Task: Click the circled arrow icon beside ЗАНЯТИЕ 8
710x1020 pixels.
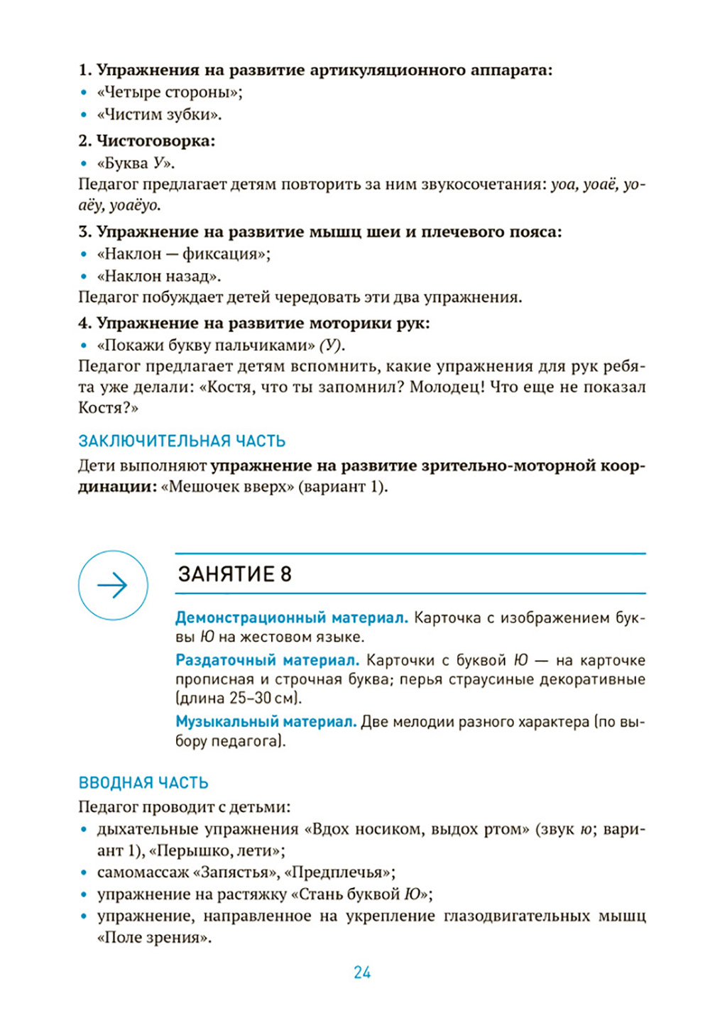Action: pyautogui.click(x=113, y=585)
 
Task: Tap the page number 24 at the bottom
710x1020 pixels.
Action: pyautogui.click(x=362, y=972)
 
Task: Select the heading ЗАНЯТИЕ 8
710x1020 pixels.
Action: pyautogui.click(x=235, y=574)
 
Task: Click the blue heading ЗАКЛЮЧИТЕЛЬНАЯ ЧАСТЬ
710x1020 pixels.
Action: pyautogui.click(x=182, y=441)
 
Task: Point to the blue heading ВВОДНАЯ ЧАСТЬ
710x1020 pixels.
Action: pyautogui.click(x=143, y=782)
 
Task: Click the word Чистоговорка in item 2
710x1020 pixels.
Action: pyautogui.click(x=155, y=141)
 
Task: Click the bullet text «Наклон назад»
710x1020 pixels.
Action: pyautogui.click(x=159, y=275)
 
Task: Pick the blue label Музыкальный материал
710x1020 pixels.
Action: pyautogui.click(x=266, y=722)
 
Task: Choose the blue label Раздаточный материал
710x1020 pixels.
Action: pyautogui.click(x=268, y=660)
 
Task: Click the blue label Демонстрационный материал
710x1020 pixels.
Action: pyautogui.click(x=292, y=618)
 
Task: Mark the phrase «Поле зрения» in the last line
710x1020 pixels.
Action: pyautogui.click(x=153, y=937)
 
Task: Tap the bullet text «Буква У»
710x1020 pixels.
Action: pyautogui.click(x=135, y=163)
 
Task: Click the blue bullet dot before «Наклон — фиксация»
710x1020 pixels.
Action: pyautogui.click(x=84, y=254)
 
